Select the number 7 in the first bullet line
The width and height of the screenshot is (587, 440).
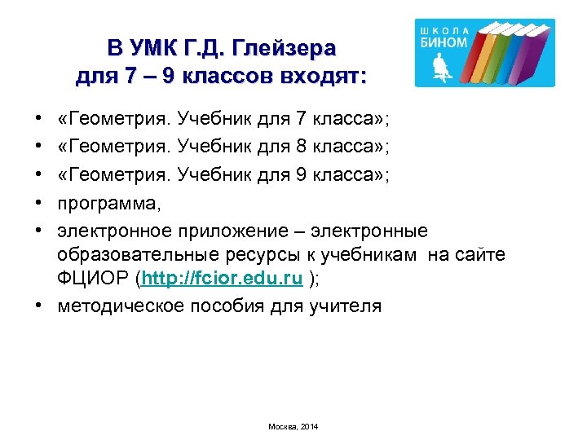tap(301, 121)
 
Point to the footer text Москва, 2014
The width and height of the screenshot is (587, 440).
tap(293, 426)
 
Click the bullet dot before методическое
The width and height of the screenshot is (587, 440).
tap(40, 307)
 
